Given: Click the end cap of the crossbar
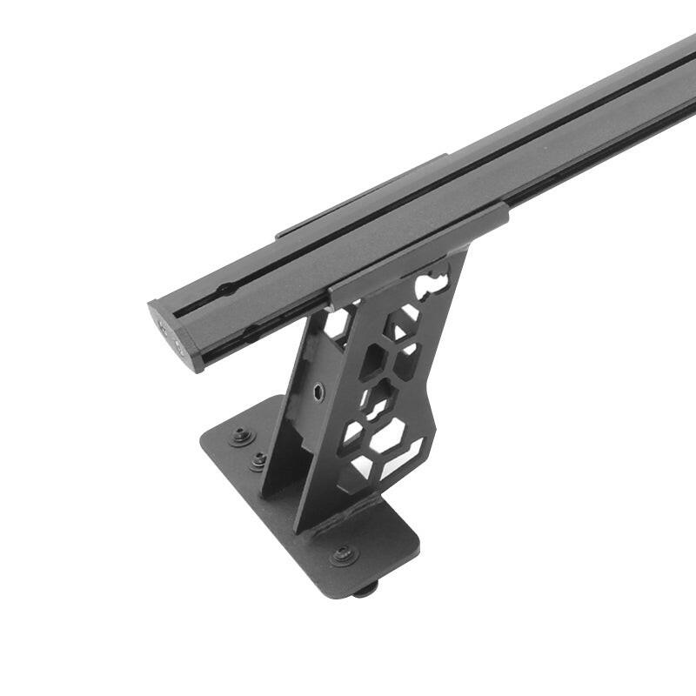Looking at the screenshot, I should point(174,336).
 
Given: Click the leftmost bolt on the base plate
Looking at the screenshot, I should point(242,436).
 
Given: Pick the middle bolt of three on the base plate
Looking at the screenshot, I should point(258,460).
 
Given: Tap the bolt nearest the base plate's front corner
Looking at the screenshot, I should point(345,553).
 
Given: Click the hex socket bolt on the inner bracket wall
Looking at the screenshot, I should point(318,391).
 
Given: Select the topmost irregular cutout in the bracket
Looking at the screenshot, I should point(433,284).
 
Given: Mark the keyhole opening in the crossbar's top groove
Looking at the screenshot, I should point(225,288).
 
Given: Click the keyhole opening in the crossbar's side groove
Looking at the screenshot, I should point(251,331).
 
